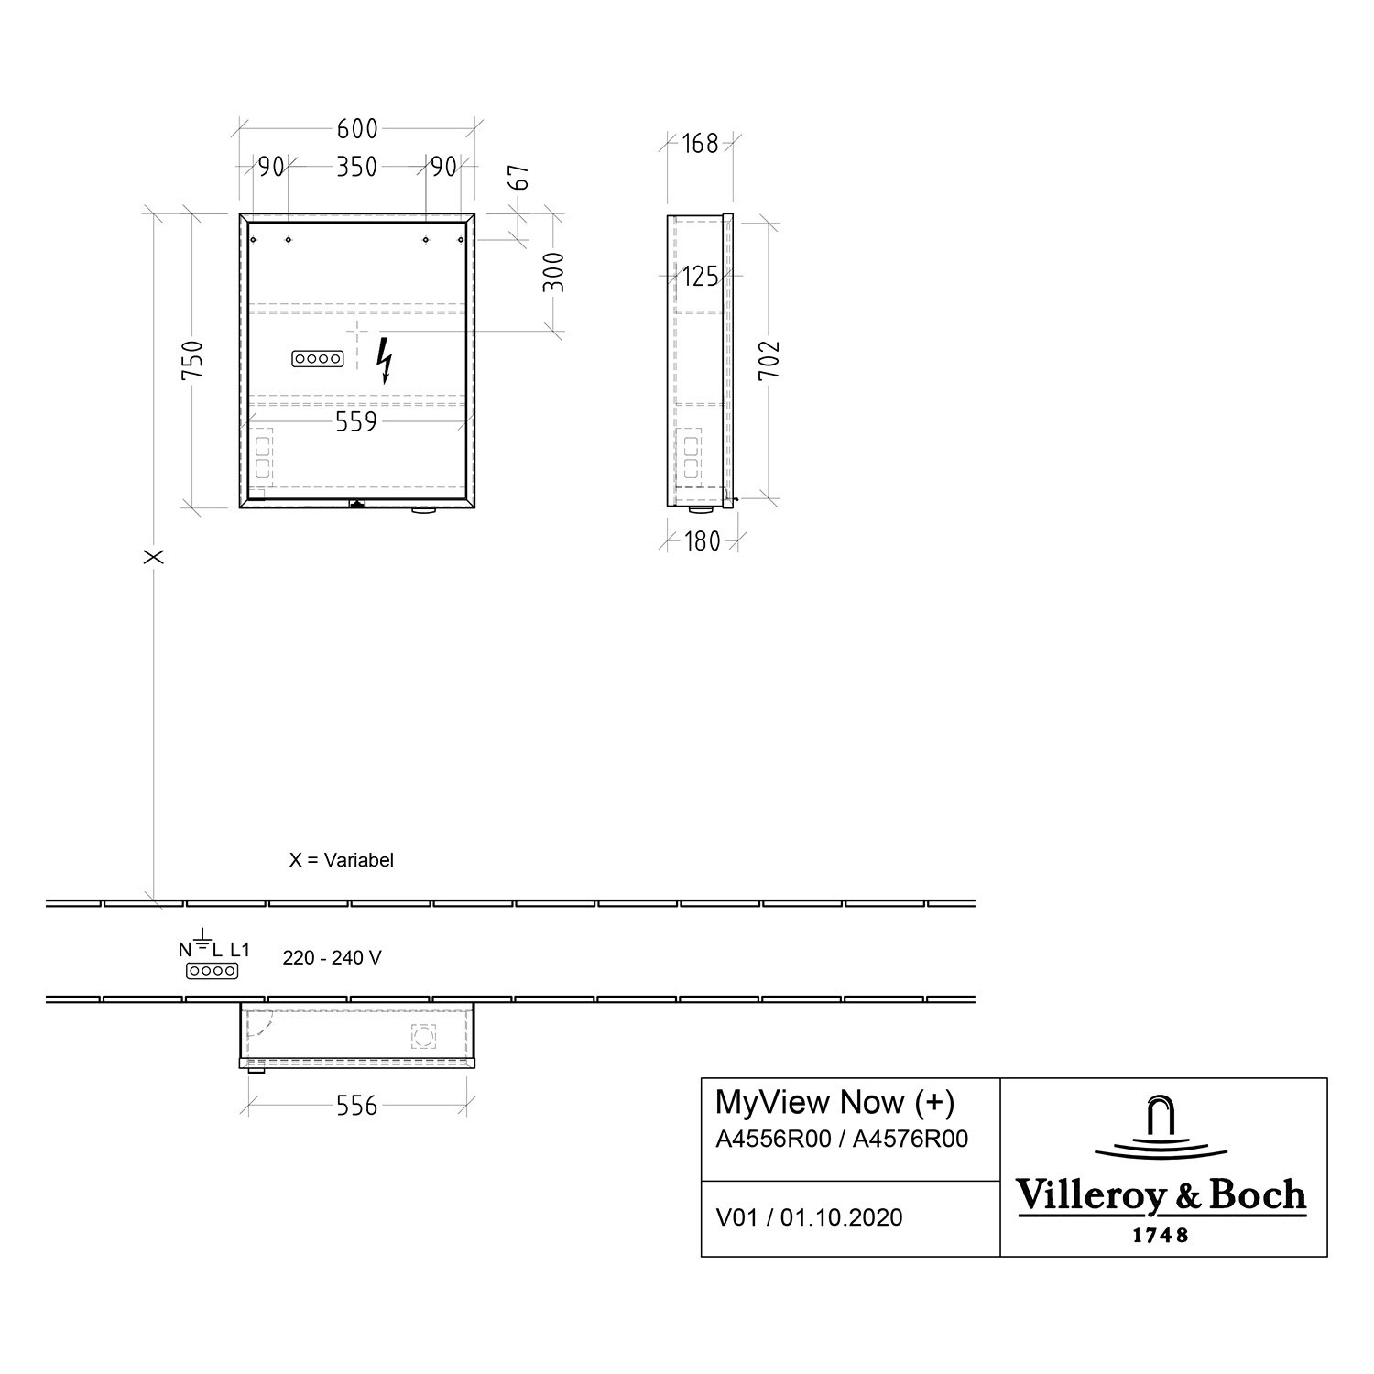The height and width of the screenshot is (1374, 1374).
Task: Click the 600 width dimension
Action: (356, 129)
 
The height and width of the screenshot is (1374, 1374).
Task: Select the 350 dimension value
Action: (356, 167)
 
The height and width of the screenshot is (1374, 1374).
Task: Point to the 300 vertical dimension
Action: (553, 272)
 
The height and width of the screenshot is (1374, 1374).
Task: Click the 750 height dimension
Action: (191, 360)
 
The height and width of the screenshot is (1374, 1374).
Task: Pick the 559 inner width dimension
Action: (355, 421)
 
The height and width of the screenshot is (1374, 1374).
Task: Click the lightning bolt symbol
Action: (386, 359)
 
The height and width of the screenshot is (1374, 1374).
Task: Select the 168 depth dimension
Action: (700, 144)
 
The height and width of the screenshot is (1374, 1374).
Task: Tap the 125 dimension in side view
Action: (700, 276)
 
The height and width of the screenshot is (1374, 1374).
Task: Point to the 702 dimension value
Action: (769, 360)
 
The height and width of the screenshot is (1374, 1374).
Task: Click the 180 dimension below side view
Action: (702, 541)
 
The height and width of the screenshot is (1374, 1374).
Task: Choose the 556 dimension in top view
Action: (356, 1106)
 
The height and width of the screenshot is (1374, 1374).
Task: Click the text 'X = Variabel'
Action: (341, 860)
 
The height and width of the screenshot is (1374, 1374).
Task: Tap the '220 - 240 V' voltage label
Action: (332, 958)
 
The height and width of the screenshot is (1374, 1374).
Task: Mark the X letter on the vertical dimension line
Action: (155, 556)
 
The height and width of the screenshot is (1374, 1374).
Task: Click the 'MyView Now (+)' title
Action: (834, 1102)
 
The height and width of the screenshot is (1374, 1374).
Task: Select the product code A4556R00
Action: (773, 1139)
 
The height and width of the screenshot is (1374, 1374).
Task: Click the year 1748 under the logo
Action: (1161, 1235)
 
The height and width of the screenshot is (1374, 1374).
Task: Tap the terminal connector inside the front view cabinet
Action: (317, 360)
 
